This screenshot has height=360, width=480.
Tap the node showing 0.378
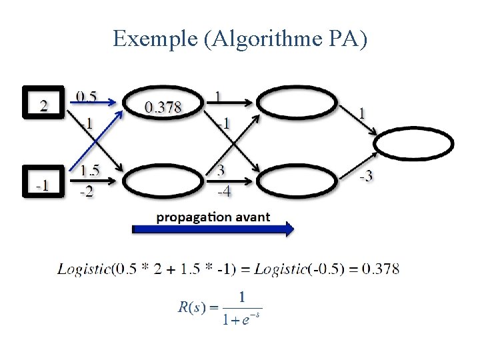(x=163, y=104)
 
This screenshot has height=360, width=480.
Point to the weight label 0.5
(x=86, y=96)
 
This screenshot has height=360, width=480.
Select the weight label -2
(x=87, y=192)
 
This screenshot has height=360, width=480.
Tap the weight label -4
(x=225, y=192)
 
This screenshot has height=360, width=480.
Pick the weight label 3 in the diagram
(x=220, y=171)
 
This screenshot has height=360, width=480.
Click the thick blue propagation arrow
(x=213, y=229)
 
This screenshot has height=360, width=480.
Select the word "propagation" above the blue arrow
(x=186, y=217)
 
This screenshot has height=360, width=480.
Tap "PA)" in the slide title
(x=347, y=39)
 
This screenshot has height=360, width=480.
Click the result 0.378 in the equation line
(x=381, y=269)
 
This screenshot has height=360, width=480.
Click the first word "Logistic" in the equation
(x=85, y=269)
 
